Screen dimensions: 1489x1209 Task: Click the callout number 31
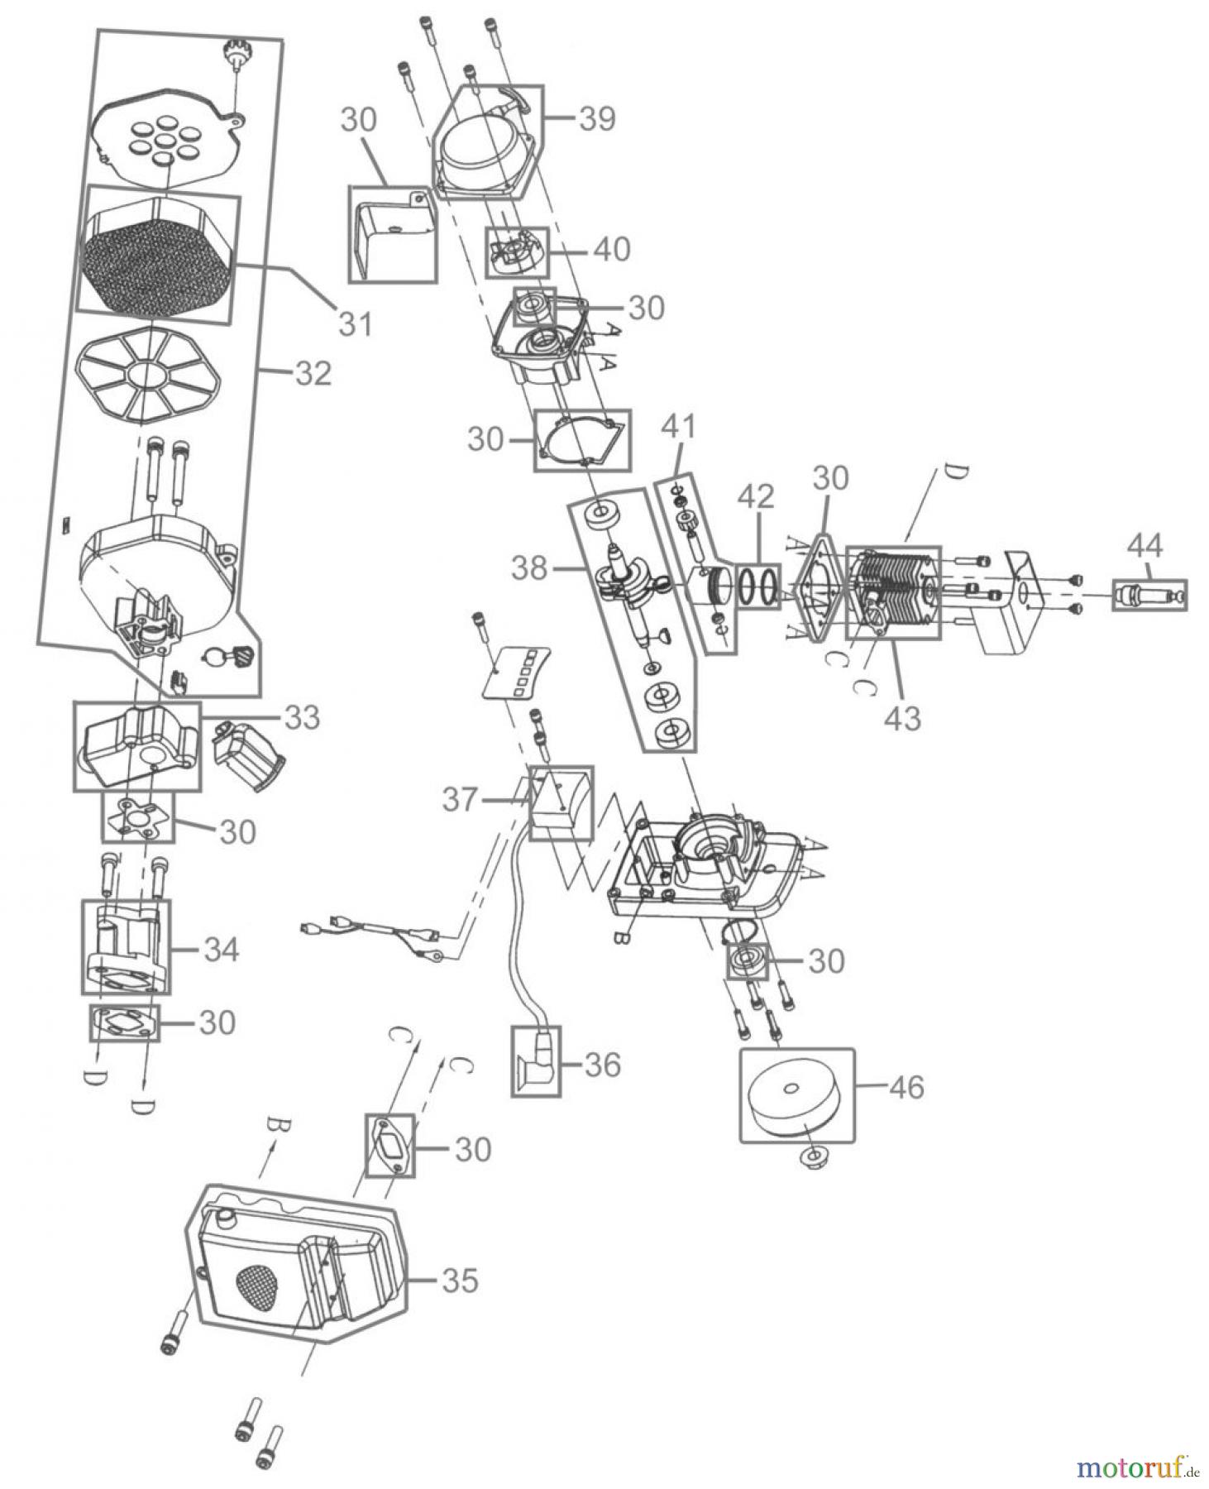(x=356, y=323)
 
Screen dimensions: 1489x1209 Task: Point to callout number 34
(x=220, y=950)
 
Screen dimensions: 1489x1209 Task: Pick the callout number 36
(x=602, y=1065)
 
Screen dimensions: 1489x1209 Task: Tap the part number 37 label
(x=460, y=800)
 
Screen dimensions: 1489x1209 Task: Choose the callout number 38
(x=529, y=568)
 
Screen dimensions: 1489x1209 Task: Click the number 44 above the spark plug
(x=1145, y=546)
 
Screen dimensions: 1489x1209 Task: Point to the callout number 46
(x=906, y=1087)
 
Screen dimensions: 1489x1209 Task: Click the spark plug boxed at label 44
(x=1149, y=595)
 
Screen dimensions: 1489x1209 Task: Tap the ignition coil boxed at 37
(x=560, y=802)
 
